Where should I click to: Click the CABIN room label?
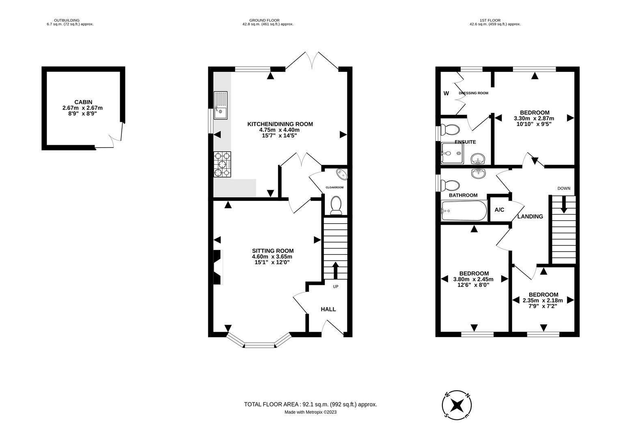(x=83, y=102)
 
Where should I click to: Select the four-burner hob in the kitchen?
(x=222, y=164)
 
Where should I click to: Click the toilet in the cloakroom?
(x=336, y=205)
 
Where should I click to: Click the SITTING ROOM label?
(x=272, y=251)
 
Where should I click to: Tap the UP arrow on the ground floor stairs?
(x=336, y=270)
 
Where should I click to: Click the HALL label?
(x=328, y=309)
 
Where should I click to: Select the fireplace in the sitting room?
(x=218, y=267)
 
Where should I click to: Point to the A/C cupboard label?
(x=499, y=210)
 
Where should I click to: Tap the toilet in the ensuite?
(x=451, y=130)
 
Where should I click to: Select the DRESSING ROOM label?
(x=473, y=93)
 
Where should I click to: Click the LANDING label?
(x=530, y=216)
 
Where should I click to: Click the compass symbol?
(x=457, y=405)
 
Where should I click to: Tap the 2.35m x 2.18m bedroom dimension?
(x=543, y=301)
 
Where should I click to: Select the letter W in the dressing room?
(x=446, y=93)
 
